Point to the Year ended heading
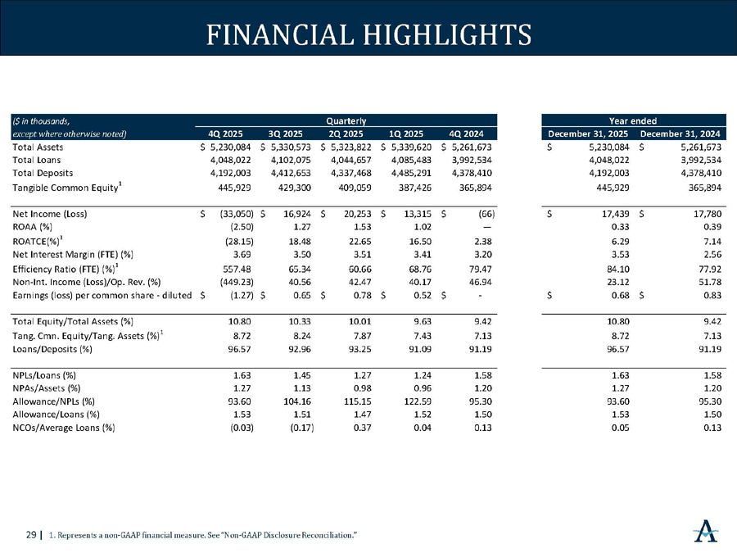631,120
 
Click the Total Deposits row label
43,173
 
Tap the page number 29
31,535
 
